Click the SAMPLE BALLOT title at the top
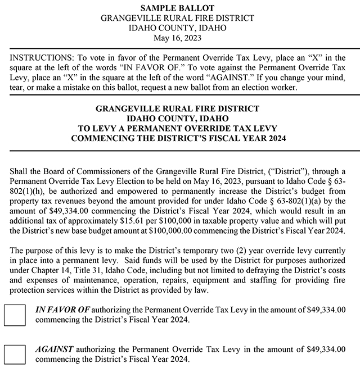coord(177,8)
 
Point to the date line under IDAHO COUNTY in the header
coord(177,38)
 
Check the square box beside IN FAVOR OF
coord(15,315)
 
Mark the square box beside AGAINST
coord(15,354)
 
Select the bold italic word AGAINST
coord(55,349)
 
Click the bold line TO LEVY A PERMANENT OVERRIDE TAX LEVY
coord(177,128)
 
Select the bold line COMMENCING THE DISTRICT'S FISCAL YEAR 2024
coord(177,138)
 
